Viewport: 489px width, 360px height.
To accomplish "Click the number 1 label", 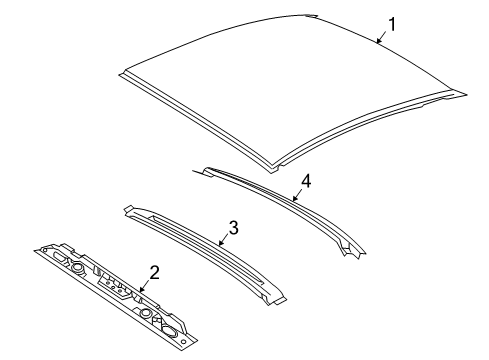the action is pos(393,24).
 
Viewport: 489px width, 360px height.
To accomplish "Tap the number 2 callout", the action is pos(154,271).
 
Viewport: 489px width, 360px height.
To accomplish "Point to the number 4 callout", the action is pos(307,181).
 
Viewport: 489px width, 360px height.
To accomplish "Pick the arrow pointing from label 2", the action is pos(144,287).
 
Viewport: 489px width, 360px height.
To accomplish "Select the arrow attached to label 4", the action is pos(297,196).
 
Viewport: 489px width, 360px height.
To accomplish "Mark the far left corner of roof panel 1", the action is pos(121,71).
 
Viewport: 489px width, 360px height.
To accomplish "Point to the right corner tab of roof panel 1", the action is pos(462,94).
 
